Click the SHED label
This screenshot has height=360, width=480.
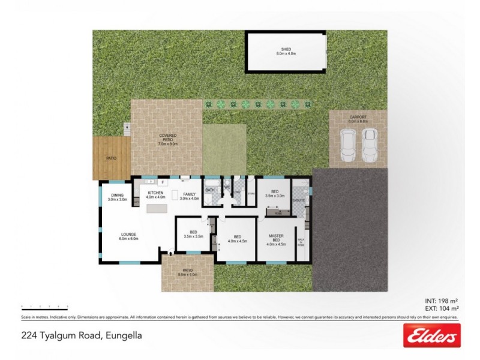286,49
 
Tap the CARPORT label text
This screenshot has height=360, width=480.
358,118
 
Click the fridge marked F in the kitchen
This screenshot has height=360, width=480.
163,181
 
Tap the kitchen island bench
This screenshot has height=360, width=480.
157,208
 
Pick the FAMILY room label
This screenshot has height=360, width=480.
191,194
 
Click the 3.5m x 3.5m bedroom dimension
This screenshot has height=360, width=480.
193,236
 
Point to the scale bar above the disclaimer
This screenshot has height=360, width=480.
44,306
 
